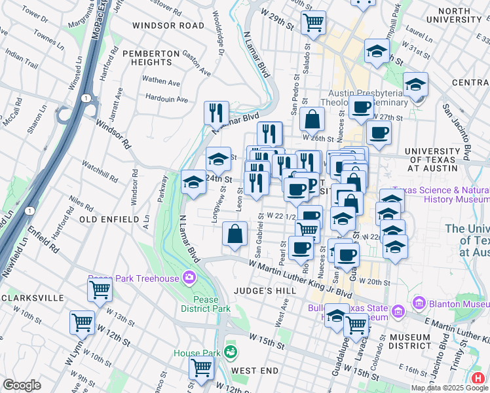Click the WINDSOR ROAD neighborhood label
coord(168,26)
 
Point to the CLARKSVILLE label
coord(34,298)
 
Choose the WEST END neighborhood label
coord(252,371)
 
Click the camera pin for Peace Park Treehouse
coord(190,277)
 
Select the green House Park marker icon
coord(229,352)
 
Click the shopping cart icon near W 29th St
coord(314,22)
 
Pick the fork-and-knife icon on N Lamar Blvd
coord(216,112)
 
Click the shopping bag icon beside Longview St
coord(235,234)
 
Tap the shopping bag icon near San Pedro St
coord(312,119)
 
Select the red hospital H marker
coord(479,378)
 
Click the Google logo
coord(22,385)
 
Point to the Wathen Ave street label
coord(161,83)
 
